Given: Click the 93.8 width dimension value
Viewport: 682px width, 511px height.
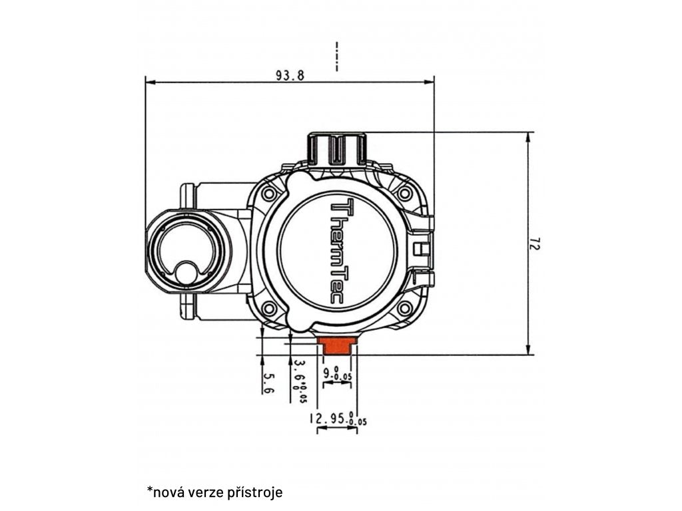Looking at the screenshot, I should pos(290,75).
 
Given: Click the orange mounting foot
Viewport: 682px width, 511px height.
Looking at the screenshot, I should pos(337,345).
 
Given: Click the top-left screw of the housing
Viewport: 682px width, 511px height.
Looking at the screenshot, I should pos(269,194).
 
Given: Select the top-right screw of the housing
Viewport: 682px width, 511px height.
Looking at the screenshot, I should pos(404,194).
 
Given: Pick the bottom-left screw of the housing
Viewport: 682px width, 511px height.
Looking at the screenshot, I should pos(269,308).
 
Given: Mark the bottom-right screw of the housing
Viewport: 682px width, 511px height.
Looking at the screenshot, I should pos(404,308).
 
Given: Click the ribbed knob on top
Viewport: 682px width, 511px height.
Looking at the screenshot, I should pos(336,149).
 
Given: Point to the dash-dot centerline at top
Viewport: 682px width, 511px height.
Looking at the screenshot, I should pos(337,57).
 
